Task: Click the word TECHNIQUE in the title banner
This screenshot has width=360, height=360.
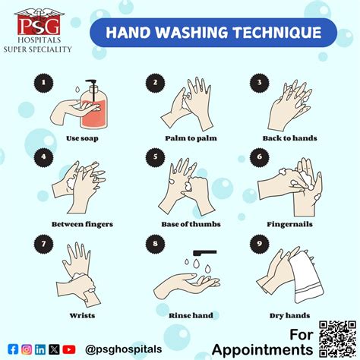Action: (x=277, y=33)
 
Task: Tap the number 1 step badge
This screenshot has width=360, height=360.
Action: (x=43, y=83)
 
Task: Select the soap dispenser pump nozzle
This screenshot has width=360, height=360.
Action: (x=91, y=81)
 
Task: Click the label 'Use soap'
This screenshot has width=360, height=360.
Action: (x=82, y=138)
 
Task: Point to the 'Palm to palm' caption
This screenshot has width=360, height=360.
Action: (x=191, y=138)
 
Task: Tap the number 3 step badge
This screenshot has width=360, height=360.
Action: (x=259, y=83)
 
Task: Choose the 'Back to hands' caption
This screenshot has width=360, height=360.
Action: (x=290, y=138)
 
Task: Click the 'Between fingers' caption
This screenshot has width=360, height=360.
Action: (x=82, y=224)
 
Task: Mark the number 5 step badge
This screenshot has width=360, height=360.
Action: (x=155, y=157)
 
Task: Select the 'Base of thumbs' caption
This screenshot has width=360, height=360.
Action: (x=191, y=224)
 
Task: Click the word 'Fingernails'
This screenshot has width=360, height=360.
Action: (x=290, y=224)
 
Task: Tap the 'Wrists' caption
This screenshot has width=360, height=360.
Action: (x=82, y=316)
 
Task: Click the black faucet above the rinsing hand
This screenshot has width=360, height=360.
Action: (x=205, y=253)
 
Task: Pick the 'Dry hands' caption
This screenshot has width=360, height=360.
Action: (x=290, y=316)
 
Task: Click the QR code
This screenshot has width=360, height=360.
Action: (x=337, y=339)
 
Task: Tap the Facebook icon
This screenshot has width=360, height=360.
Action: (x=13, y=349)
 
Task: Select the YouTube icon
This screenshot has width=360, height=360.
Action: (x=68, y=349)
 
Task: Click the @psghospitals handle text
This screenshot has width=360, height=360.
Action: (x=124, y=349)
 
